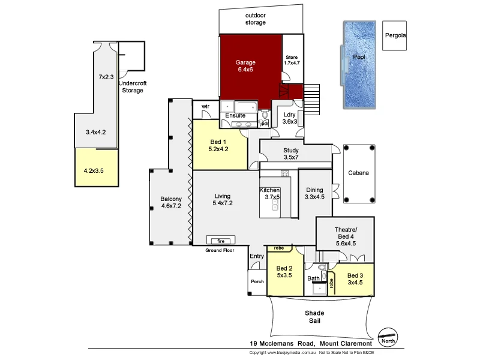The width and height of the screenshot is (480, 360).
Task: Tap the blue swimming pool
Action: coord(359,66)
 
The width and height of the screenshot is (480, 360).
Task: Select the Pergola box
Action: coord(395,36)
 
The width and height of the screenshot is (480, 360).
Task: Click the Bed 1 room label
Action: coord(218,144)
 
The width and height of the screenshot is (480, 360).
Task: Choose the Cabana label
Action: coord(358,173)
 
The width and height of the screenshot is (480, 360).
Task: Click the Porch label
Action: coord(257,282)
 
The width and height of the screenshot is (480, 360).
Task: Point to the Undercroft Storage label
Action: coord(133,87)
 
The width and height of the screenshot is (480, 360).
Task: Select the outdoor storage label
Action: coord(256,19)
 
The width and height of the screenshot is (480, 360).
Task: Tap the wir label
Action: coord(205,106)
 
